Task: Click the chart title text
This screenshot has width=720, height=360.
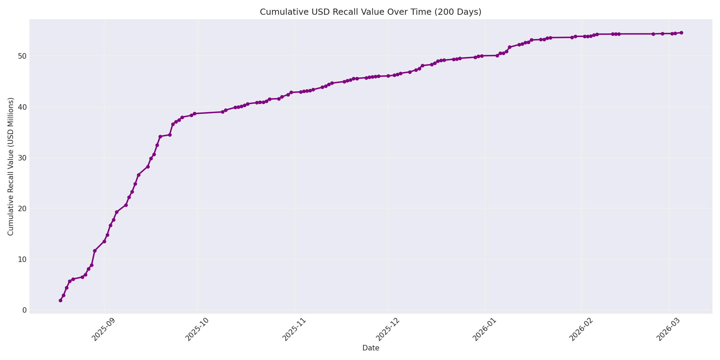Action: pos(370,12)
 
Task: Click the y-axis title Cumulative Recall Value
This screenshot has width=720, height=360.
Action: pos(11,167)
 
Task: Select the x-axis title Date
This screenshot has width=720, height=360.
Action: pos(371,348)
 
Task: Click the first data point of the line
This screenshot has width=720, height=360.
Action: pos(60,300)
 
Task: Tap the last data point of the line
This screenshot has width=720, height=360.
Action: pos(681,33)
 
